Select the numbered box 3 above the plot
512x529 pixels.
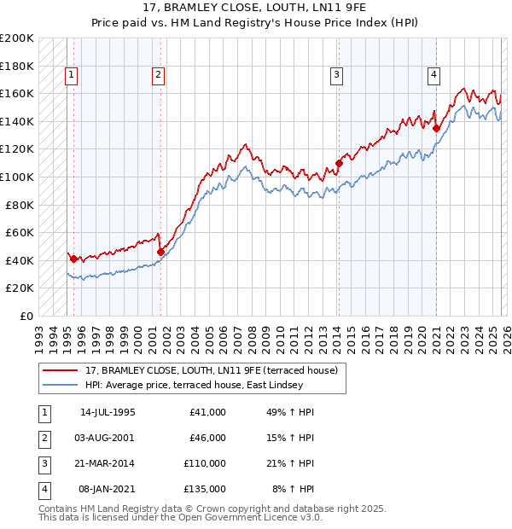(337, 75)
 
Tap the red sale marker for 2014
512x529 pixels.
(339, 163)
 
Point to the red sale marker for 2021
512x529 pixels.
(436, 128)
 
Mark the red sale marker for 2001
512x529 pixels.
(160, 252)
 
